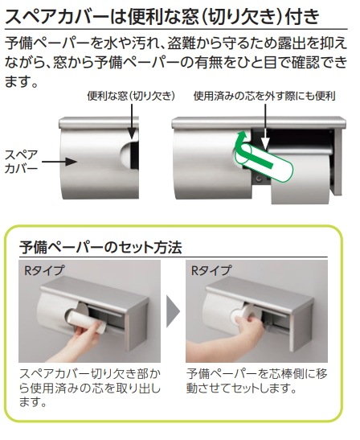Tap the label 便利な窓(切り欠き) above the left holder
pos(131,97)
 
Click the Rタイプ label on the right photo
pos(211,271)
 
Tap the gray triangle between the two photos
pos(174,312)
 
